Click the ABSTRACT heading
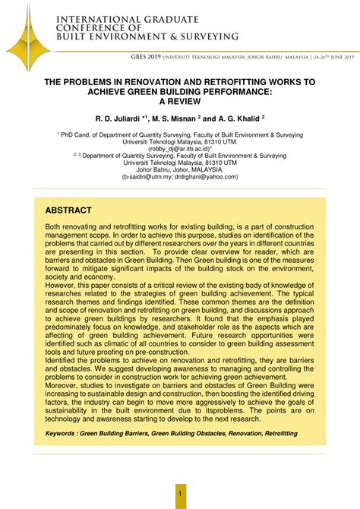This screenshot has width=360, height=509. point(68,210)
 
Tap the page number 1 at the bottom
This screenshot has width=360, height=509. point(180,495)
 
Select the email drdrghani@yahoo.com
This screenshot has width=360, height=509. point(207,175)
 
